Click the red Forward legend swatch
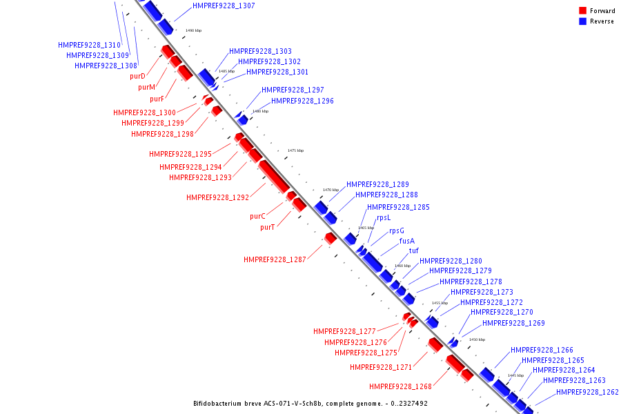pos(583,11)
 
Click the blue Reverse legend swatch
pos(583,21)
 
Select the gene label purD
pos(137,76)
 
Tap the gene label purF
pos(157,99)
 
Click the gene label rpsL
pos(384,218)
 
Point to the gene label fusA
pos(407,241)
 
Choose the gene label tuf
pos(414,251)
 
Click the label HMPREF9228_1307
pos(224,6)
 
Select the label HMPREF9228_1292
pos(217,197)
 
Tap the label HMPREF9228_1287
pos(275,259)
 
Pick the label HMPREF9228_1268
pos(400,386)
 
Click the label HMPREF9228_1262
pos(587,392)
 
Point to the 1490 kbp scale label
pos(194,30)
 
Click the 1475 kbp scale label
pos(295,150)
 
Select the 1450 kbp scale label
pos(477,339)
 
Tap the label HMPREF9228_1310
pos(89,45)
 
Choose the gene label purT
pos(268,227)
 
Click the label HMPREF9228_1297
pos(293,90)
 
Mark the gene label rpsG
pos(397,231)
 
